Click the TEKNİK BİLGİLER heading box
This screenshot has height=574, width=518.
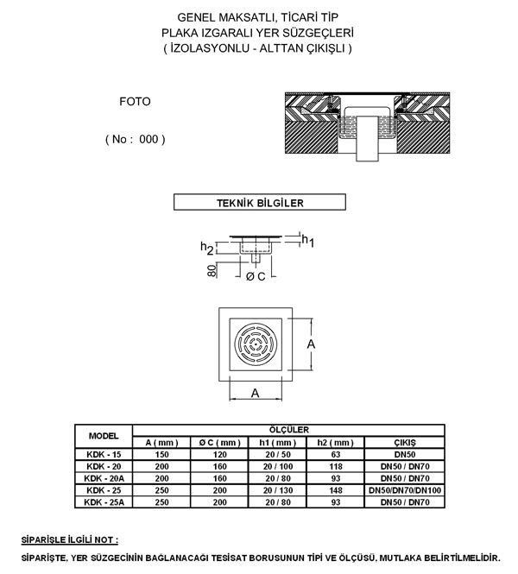[x=260, y=202]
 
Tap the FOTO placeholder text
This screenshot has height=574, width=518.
[x=135, y=101]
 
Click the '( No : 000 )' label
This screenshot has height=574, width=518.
[x=135, y=139]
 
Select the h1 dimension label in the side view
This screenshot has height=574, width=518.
[x=308, y=241]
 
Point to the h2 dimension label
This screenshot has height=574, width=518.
[x=207, y=248]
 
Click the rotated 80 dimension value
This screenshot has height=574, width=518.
[x=212, y=271]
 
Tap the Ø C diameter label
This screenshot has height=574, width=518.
[x=256, y=276]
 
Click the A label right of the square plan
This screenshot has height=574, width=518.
[x=311, y=344]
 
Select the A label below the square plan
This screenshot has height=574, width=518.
[x=256, y=393]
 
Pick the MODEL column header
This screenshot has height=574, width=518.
[x=104, y=436]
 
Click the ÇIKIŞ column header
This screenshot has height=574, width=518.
[x=405, y=443]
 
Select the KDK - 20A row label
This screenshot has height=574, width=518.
[x=104, y=478]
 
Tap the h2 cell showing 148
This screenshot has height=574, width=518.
[x=336, y=490]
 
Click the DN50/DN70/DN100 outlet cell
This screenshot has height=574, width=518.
[x=405, y=490]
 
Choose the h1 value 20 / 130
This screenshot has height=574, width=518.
[x=278, y=490]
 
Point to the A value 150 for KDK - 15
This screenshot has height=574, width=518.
[x=161, y=455]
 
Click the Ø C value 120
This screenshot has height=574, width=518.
[x=219, y=455]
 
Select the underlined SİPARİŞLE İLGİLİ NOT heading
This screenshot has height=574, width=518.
[x=70, y=540]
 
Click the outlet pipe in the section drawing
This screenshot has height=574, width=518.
[x=367, y=138]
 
